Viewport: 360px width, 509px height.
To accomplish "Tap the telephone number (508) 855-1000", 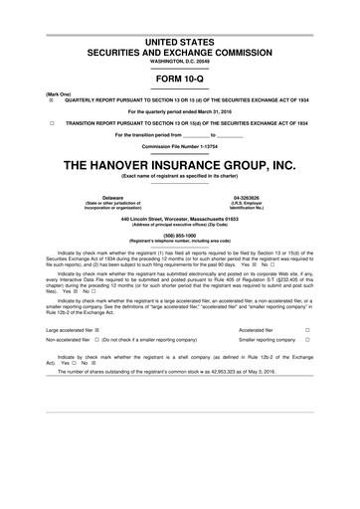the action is [x=180, y=236].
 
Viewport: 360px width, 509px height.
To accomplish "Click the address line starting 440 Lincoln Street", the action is [x=180, y=218].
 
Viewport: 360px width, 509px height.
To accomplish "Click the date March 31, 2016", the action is [x=222, y=111].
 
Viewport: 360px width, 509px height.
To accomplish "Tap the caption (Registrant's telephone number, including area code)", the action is [x=180, y=242].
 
